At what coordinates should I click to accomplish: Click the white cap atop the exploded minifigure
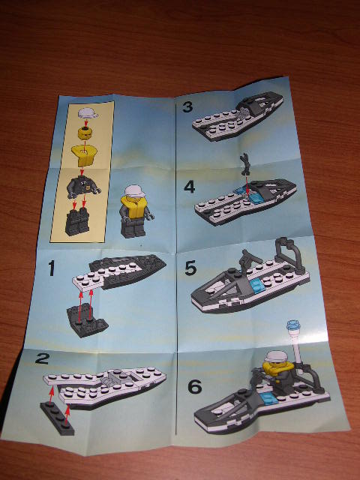tap(86, 112)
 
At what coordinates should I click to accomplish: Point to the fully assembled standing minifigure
tap(135, 209)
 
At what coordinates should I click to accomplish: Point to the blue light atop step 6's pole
tap(293, 326)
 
